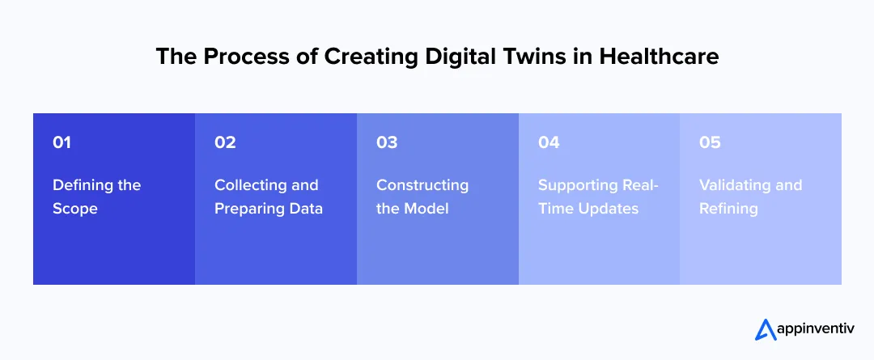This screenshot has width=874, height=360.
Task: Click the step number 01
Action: coord(62,142)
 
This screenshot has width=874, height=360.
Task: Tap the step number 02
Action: coord(225,142)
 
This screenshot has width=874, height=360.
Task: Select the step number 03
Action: coord(387,142)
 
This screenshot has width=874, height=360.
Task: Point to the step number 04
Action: coord(549,142)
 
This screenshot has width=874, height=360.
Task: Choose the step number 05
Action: coord(710,142)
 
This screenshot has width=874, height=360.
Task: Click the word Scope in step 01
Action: coord(75,209)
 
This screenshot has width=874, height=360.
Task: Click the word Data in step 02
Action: coord(304,209)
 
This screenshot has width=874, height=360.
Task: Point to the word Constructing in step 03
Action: coord(422,185)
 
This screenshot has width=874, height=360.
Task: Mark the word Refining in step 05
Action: coord(728,209)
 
